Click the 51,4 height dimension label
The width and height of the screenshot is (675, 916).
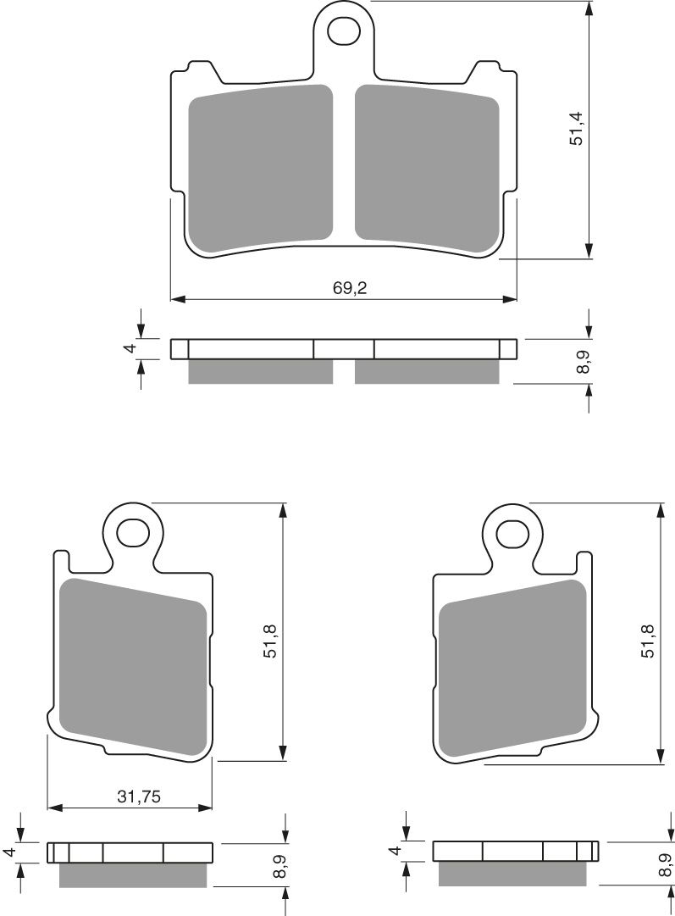point(578,127)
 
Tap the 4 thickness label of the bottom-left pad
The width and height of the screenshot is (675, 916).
point(8,852)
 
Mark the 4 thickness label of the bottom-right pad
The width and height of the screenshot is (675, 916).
point(393,852)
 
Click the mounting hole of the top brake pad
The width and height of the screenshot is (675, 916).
point(345,33)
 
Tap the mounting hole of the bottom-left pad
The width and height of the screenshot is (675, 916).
point(132,533)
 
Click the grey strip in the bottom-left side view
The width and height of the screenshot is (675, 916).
point(132,874)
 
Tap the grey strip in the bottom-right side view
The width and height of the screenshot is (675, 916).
point(513,874)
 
